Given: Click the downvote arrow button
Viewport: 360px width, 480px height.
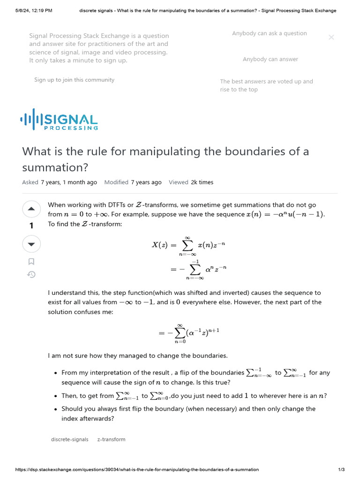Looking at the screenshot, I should pos(31,244).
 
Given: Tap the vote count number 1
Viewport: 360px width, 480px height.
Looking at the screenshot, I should pos(31,226).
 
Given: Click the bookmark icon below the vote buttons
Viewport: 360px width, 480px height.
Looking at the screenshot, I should pos(31,262).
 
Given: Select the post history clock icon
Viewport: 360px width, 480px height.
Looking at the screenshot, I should pos(31,275).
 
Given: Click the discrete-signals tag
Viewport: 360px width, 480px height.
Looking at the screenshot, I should pos(69,439).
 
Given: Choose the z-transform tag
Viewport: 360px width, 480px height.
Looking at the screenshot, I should pos(111,439).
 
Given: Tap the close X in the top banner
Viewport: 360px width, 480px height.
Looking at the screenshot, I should pos(331,37).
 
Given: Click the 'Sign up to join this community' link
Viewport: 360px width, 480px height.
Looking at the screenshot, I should pos(74,80).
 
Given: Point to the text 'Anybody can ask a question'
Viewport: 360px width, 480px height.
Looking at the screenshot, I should pos(269,33).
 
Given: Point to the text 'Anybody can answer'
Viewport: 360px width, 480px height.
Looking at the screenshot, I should pos(270,59).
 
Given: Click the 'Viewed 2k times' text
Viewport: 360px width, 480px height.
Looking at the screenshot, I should pos(191,182).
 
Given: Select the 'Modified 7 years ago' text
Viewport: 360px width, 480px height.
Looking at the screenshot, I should pos(133,182).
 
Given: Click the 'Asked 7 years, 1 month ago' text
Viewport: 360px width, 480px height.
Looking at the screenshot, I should pos(60,182).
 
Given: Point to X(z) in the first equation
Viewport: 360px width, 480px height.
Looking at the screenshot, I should pos(160,245).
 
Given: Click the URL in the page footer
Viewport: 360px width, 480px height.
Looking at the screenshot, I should pos(137,469).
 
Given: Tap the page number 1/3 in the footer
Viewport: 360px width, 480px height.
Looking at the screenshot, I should pos(341,469).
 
